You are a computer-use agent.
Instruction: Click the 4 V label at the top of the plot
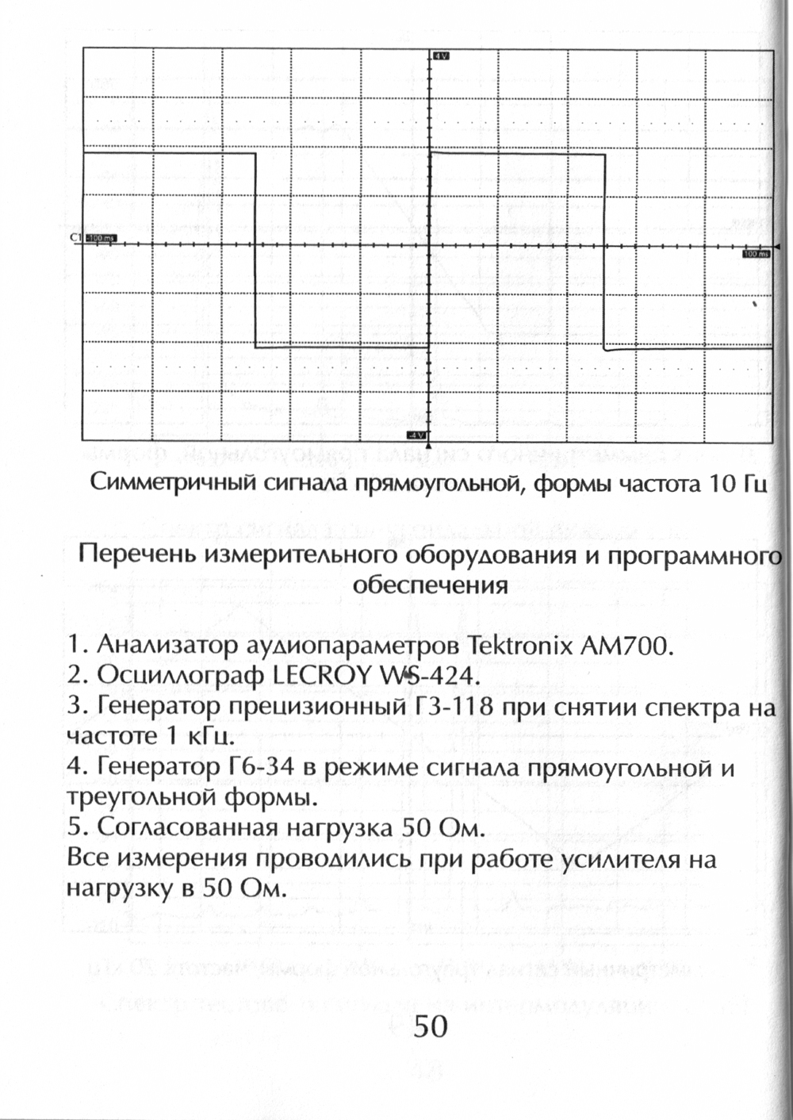coord(441,56)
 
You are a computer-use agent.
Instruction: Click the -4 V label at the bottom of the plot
coord(416,435)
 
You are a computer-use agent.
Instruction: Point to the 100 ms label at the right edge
coord(756,254)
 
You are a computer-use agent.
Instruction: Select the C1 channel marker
coord(75,238)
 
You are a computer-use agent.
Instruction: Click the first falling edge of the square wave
coord(255,250)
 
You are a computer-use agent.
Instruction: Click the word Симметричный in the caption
coord(170,484)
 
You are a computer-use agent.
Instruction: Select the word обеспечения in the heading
coord(429,586)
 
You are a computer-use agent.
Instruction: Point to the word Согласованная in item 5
coord(189,828)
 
